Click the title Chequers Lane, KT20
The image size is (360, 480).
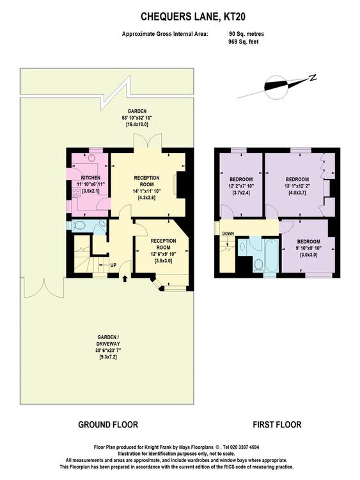(x=192, y=17)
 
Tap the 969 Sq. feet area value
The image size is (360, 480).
(x=243, y=42)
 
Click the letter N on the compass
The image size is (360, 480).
(x=313, y=77)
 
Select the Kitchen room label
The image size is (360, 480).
(x=91, y=177)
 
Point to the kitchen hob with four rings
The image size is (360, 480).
(x=75, y=192)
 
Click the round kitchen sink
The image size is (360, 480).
(x=91, y=158)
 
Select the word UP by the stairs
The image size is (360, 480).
(x=113, y=265)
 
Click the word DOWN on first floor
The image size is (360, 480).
(x=228, y=233)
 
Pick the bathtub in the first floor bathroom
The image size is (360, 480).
(x=271, y=255)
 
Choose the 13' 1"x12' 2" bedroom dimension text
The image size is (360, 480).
(x=297, y=186)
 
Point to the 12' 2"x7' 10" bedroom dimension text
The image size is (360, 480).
(x=241, y=186)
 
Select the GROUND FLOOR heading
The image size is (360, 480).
(x=108, y=424)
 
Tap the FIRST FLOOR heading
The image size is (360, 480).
(x=277, y=424)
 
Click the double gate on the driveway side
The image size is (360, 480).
(x=43, y=288)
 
